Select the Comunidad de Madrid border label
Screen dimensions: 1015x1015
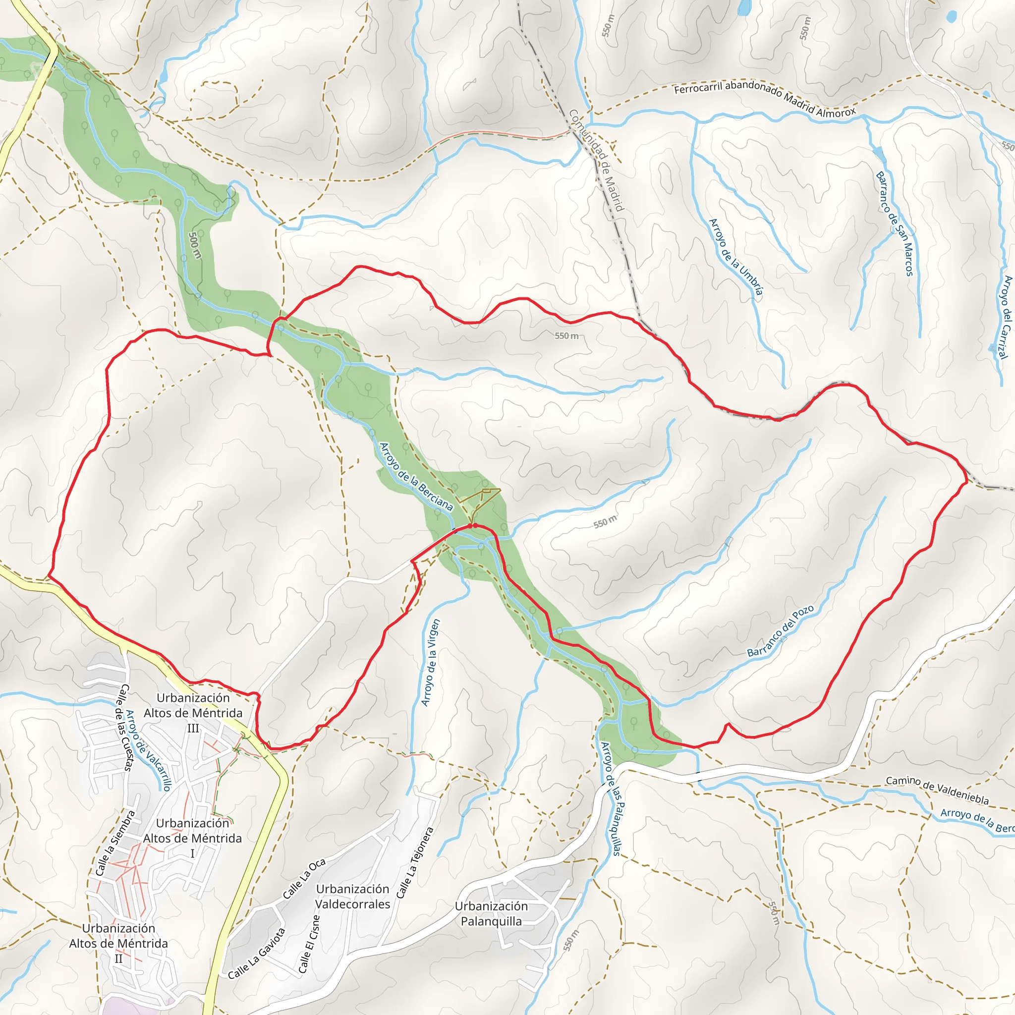click(596, 160)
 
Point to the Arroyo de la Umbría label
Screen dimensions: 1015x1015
click(735, 256)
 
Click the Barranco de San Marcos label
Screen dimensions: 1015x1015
click(894, 224)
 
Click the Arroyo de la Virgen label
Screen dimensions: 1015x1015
click(430, 663)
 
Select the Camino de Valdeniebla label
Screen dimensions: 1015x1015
click(937, 790)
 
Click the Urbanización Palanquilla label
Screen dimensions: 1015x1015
click(491, 913)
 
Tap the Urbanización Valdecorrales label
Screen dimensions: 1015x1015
click(352, 896)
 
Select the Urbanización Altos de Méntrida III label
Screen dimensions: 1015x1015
click(193, 712)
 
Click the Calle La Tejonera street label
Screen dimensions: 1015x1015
click(414, 863)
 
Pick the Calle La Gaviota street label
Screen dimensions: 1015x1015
click(257, 954)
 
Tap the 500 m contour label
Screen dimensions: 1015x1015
click(194, 245)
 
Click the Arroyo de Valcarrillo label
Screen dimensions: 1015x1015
click(149, 750)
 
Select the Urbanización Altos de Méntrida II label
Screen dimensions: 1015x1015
click(118, 943)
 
